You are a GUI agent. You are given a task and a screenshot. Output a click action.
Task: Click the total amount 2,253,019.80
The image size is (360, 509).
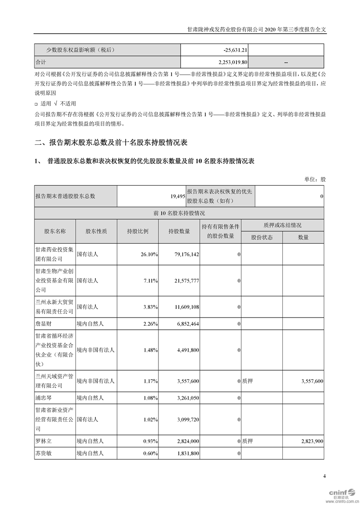[x=230, y=62]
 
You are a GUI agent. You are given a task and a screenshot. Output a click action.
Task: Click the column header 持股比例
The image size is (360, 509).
[x=138, y=231]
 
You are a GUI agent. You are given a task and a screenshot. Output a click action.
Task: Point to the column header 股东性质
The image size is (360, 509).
[x=96, y=231]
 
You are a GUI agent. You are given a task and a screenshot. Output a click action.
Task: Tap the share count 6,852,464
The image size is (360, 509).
[x=185, y=323]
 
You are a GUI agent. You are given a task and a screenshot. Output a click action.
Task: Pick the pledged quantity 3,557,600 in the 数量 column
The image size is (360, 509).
[x=312, y=382]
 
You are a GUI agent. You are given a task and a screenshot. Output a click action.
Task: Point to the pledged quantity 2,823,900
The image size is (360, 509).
[x=312, y=440]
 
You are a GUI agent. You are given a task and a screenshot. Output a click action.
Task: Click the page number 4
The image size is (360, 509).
[x=325, y=476]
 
